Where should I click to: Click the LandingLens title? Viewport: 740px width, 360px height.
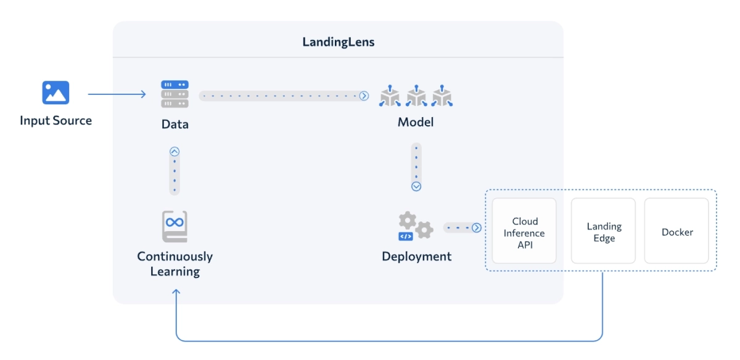(338, 43)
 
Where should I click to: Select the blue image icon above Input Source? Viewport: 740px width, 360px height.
(55, 93)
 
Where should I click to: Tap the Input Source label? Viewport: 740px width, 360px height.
(55, 121)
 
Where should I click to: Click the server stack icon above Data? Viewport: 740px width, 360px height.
(175, 94)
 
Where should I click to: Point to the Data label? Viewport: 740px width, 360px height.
(175, 124)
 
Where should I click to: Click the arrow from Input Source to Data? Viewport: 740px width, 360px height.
(117, 94)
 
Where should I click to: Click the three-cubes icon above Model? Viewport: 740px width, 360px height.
(416, 96)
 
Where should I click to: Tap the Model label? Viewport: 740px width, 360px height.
(416, 122)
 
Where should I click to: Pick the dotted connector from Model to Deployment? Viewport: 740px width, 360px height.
(416, 167)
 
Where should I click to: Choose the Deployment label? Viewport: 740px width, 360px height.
(416, 256)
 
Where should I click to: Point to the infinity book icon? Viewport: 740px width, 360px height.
(175, 227)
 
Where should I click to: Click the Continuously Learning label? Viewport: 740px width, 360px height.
(175, 264)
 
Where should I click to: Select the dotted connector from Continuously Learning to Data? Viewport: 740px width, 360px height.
(175, 171)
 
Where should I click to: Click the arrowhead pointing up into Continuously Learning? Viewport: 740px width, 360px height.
(176, 294)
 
